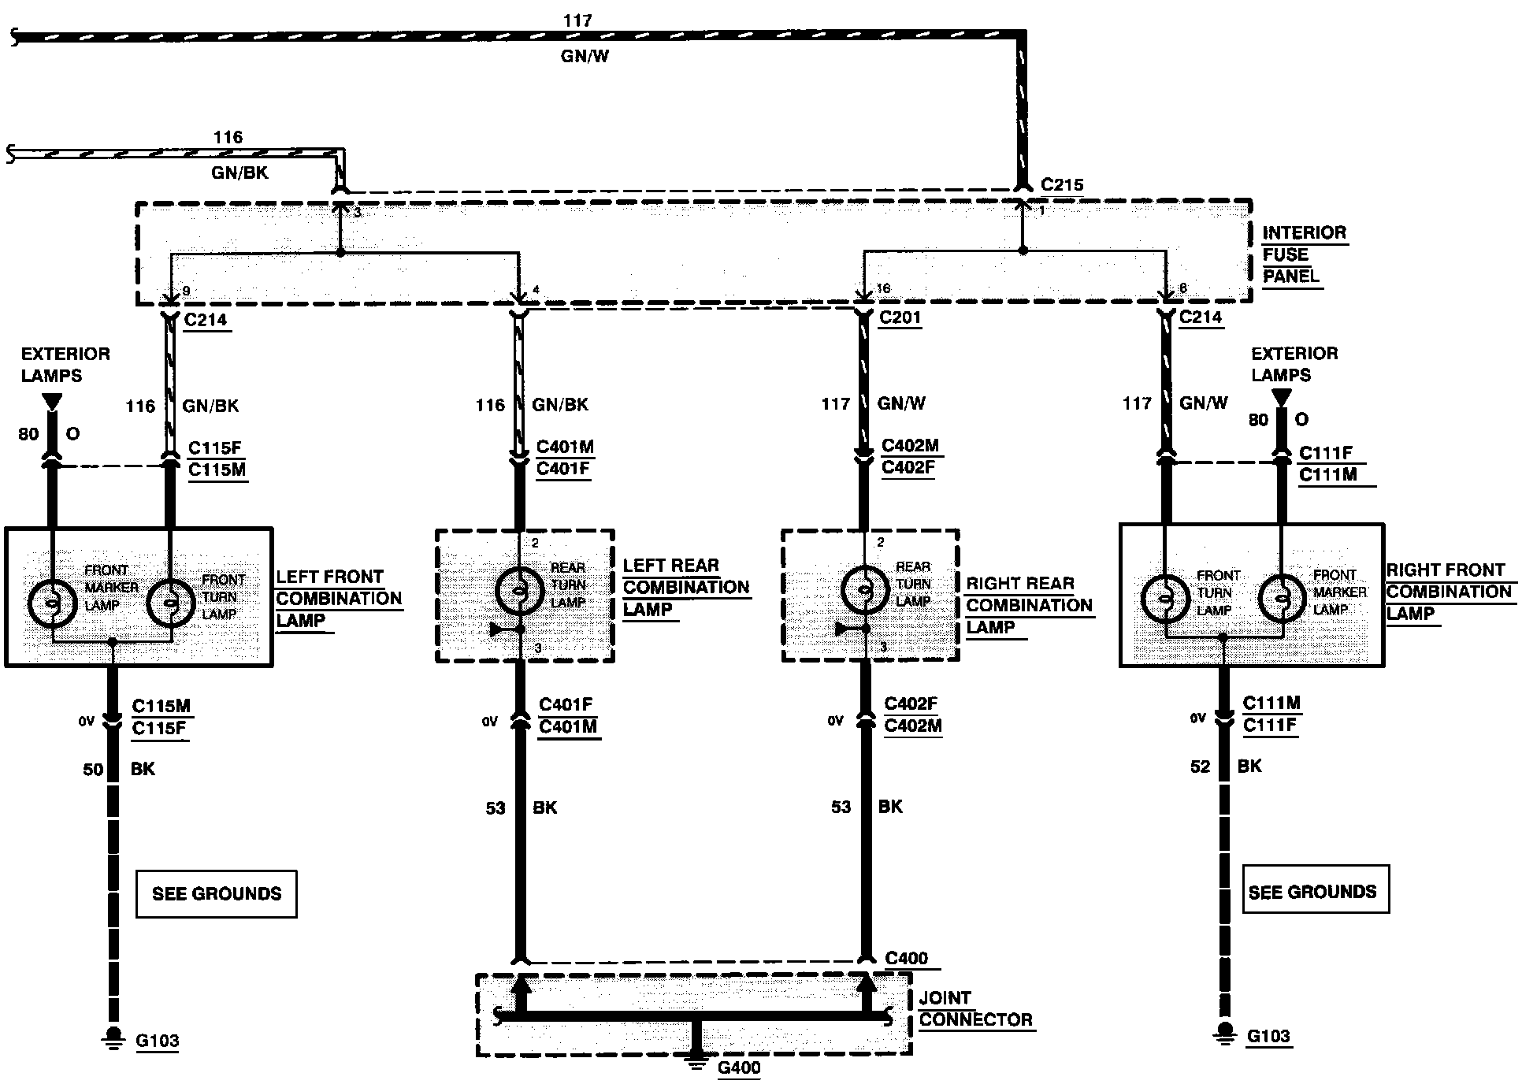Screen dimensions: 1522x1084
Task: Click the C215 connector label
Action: pos(1062,185)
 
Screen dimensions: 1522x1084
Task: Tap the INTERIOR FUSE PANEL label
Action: pos(1304,254)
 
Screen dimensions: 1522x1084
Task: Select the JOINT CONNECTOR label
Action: pos(975,1009)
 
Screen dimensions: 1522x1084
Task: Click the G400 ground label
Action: pos(739,1068)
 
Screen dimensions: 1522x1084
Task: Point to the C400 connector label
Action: pos(907,959)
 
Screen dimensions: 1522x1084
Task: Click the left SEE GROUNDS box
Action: pos(217,894)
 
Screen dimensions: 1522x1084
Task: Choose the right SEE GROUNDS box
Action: pos(1316,890)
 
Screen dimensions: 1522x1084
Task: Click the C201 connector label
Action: pos(900,317)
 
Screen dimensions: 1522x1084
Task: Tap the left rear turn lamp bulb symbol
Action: pos(520,589)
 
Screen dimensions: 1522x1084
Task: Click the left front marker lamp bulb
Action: pos(53,603)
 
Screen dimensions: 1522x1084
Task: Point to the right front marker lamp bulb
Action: pos(1283,599)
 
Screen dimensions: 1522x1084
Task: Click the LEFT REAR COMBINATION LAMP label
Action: pos(686,588)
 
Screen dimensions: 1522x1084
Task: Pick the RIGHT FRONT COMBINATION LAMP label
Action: pos(1449,592)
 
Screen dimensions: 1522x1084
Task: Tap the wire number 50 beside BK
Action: pos(93,770)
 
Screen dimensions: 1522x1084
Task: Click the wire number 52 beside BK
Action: pos(1201,767)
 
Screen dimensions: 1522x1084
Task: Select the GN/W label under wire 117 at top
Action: pos(585,57)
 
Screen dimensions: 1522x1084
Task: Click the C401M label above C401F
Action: pos(565,447)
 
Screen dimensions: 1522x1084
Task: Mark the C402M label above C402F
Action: pos(911,445)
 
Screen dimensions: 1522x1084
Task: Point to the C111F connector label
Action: pos(1326,452)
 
